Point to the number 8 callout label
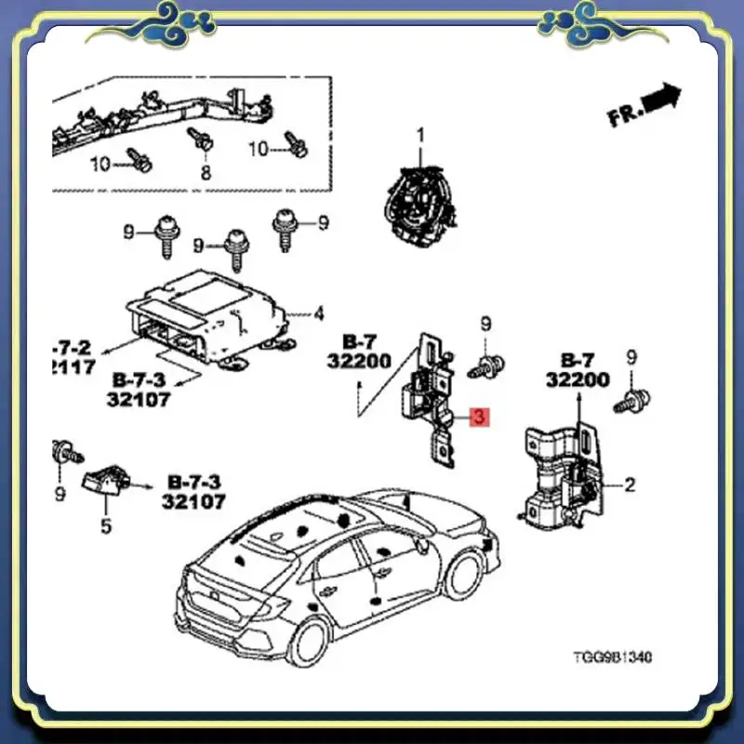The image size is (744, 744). pos(206,172)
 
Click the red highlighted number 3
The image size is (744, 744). pos(477,418)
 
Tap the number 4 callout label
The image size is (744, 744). pos(318,312)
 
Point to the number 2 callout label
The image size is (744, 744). pos(630,484)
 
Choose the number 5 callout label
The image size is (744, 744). pos(105,526)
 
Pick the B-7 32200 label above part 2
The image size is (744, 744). pos(578,369)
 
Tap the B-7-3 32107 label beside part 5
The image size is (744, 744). pos(196,492)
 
